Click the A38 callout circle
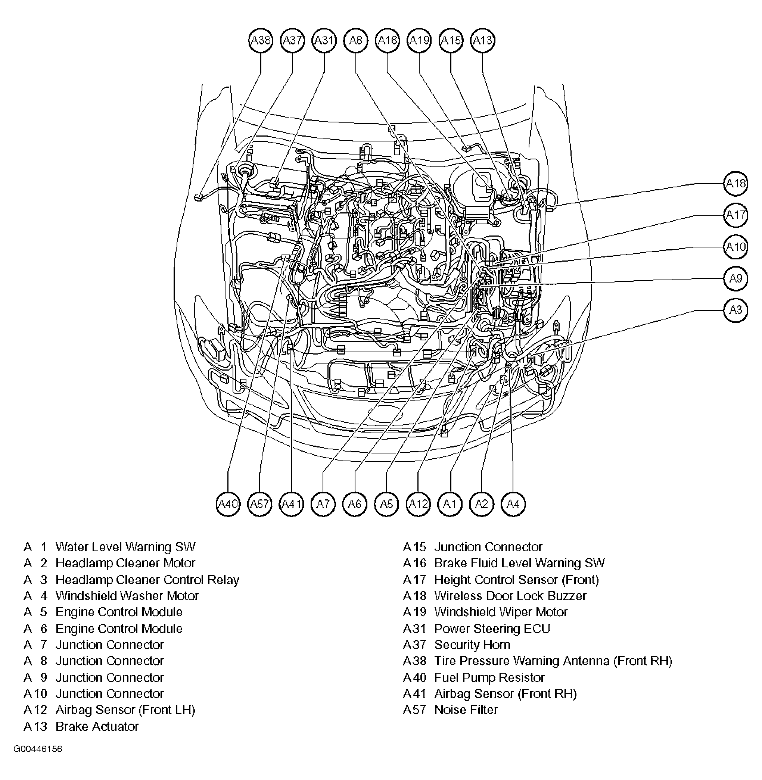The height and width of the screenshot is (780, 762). (260, 40)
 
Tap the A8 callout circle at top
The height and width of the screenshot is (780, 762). (355, 40)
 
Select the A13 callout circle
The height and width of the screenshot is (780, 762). (483, 40)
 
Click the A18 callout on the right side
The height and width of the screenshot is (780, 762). (735, 184)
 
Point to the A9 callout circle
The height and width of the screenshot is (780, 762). (735, 278)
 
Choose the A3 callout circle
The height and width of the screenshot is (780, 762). (735, 310)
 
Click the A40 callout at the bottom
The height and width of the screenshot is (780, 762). (228, 504)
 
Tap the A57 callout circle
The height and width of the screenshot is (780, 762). (259, 504)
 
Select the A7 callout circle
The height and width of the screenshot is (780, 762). (323, 504)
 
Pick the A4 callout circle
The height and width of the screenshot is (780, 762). (513, 504)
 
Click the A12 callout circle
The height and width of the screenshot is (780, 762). (418, 504)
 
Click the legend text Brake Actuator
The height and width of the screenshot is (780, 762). (97, 726)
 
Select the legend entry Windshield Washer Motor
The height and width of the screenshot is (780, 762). (127, 596)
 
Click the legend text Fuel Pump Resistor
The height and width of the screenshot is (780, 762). (489, 678)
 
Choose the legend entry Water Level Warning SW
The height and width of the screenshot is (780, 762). (125, 547)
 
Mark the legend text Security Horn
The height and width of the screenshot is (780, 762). (472, 645)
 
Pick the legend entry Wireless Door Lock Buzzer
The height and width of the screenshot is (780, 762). (510, 596)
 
